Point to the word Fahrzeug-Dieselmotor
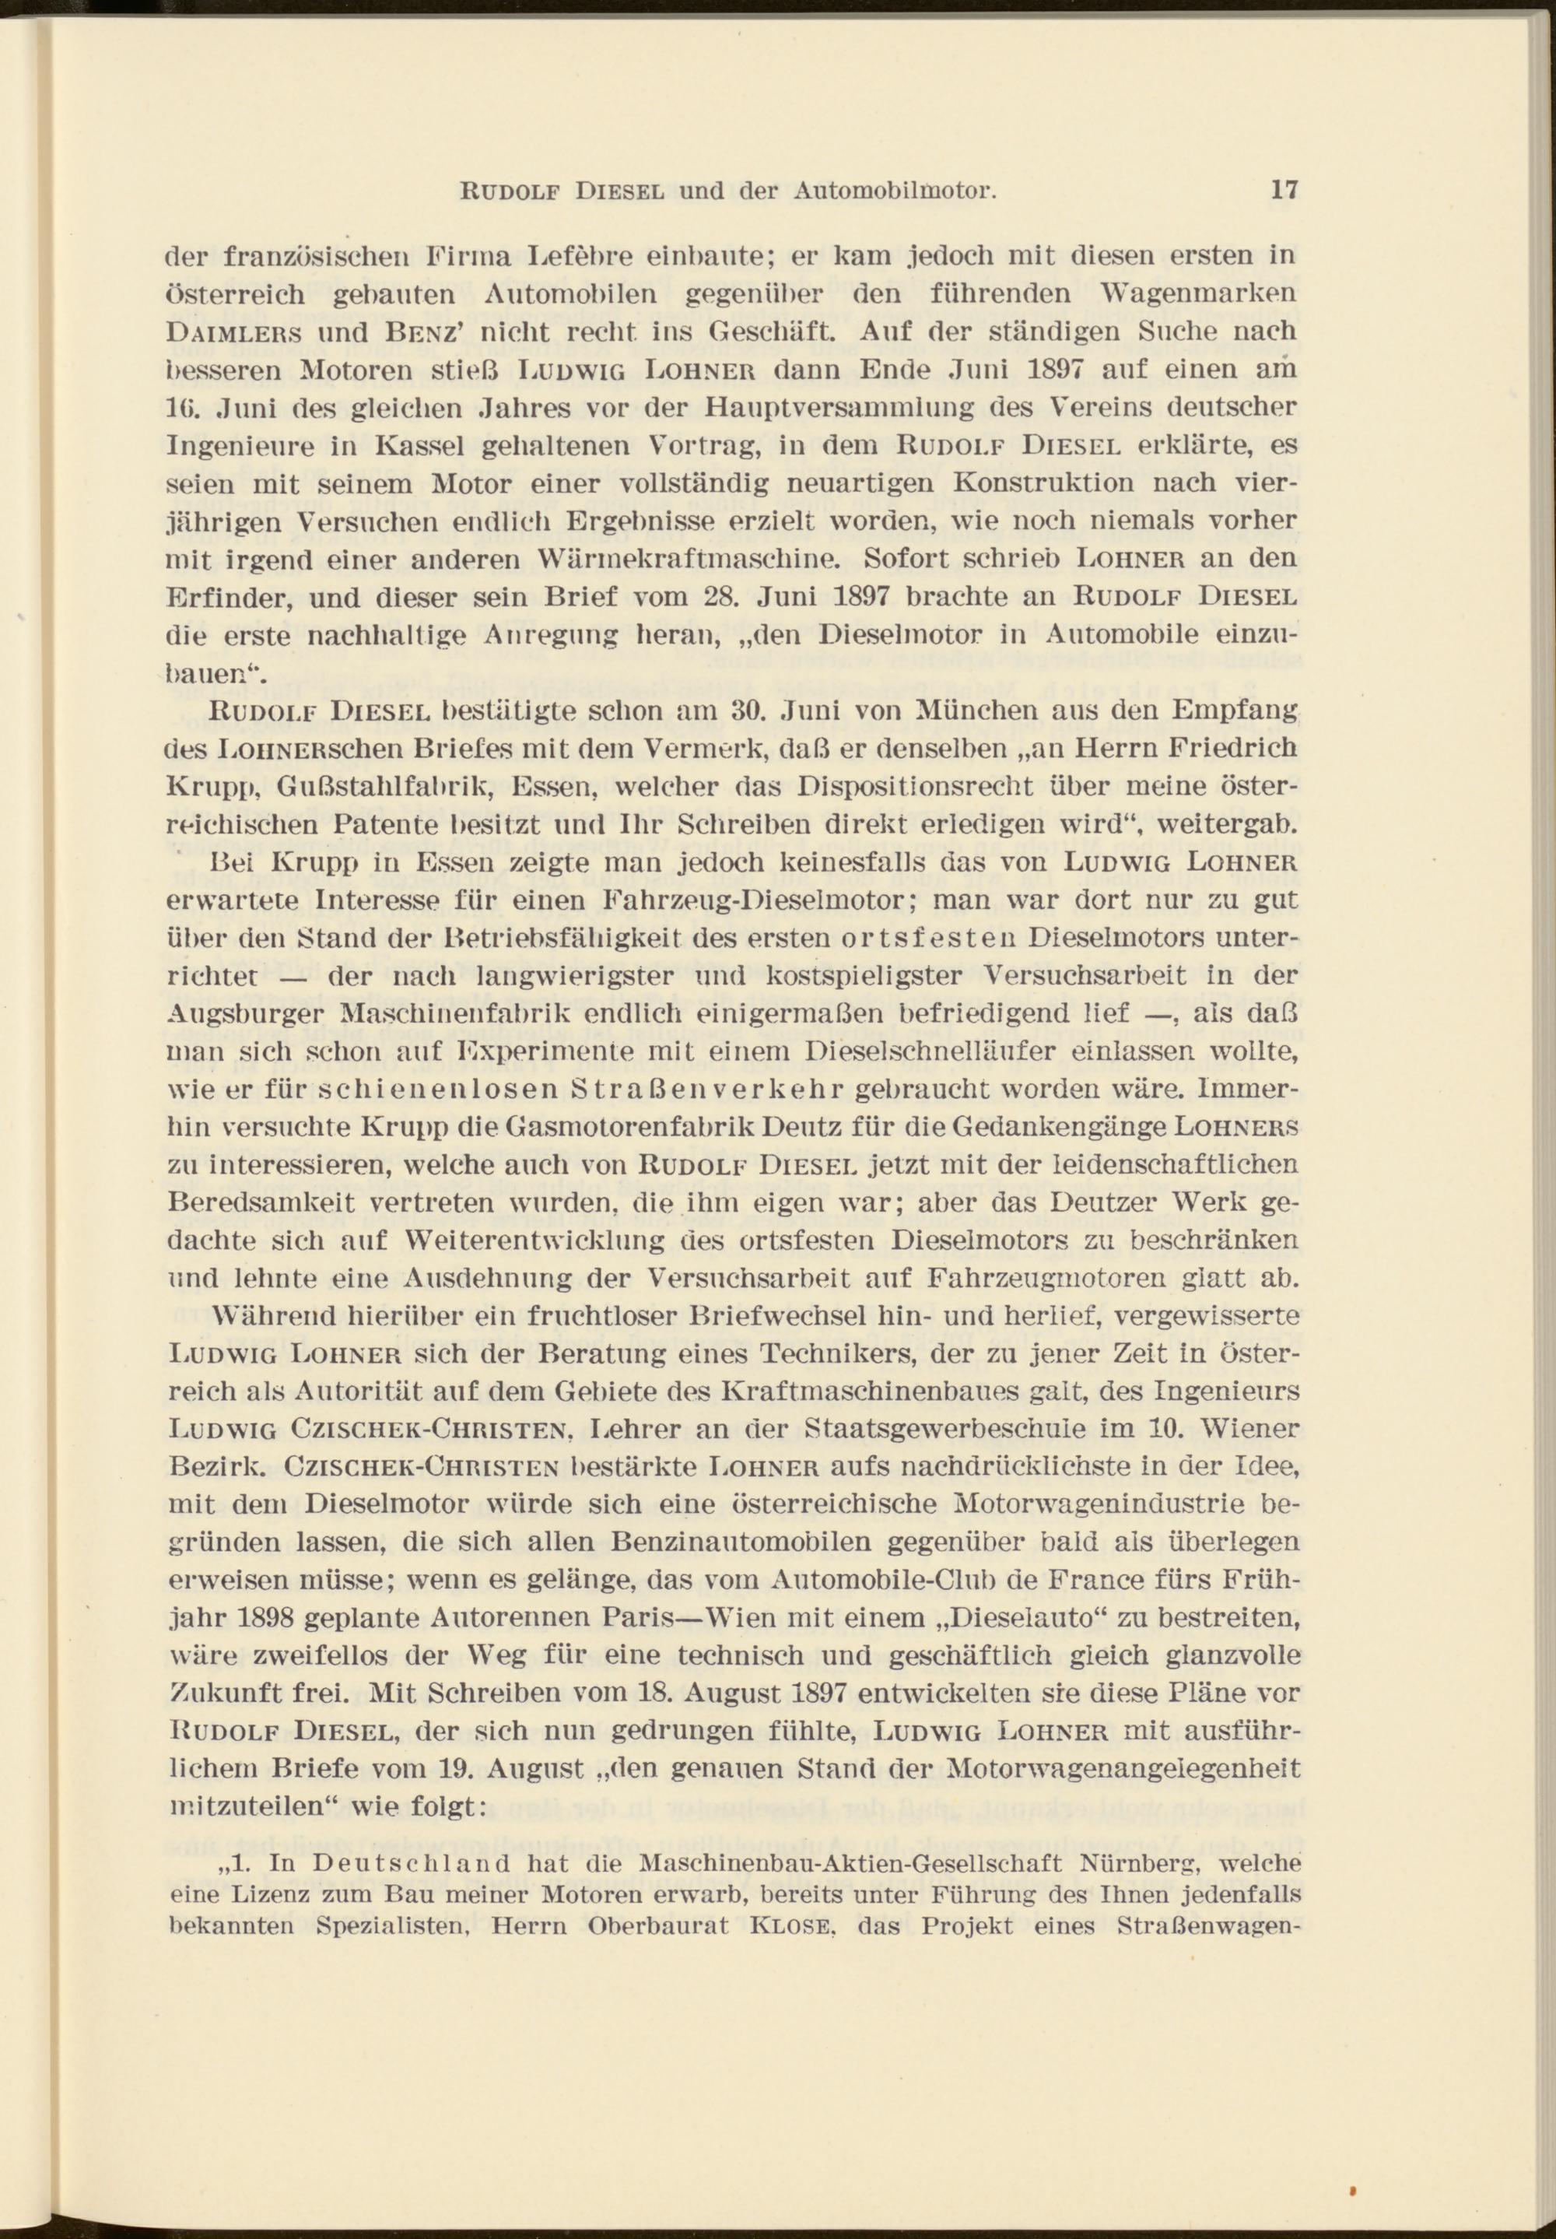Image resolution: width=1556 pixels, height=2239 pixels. pyautogui.click(x=760, y=901)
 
